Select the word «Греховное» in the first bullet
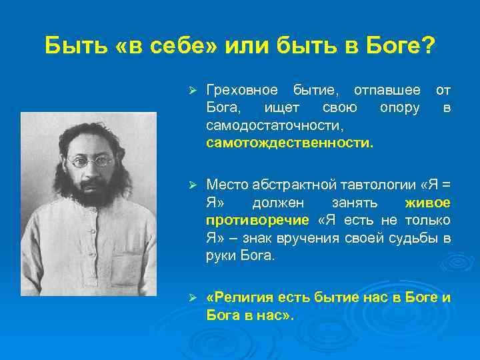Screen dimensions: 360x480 point(241,89)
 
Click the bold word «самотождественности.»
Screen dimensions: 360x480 point(291,143)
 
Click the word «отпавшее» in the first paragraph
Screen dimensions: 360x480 point(387,89)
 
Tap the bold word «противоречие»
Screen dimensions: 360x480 point(257,220)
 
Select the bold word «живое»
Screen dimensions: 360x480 point(427,202)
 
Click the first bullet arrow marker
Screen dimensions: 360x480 point(191,89)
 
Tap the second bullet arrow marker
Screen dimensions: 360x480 point(191,184)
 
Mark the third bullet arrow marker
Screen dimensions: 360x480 point(191,297)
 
